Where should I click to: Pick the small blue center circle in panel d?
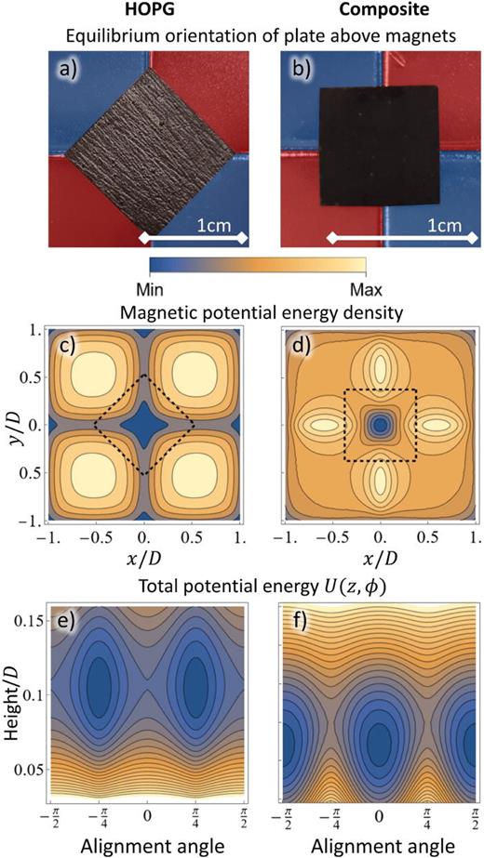coord(379,425)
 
